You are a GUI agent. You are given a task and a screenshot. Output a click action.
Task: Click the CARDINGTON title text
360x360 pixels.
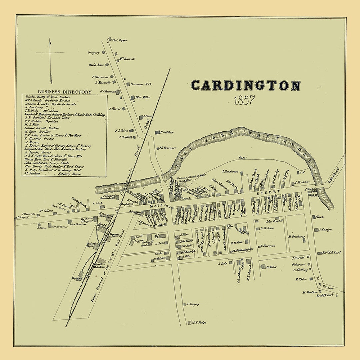coord(245,85)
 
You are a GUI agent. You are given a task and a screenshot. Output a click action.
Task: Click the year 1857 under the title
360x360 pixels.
coord(244,100)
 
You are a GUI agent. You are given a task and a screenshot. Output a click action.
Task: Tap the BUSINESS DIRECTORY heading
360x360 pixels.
coord(64,92)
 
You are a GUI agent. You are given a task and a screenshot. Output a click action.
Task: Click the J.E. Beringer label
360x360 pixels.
coord(168,148)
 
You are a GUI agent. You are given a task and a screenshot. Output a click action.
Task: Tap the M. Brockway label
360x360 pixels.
coord(297,237)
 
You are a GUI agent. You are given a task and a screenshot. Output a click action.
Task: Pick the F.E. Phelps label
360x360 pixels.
coord(199,323)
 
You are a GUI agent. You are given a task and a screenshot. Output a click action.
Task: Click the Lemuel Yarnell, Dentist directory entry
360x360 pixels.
coord(42,128)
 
